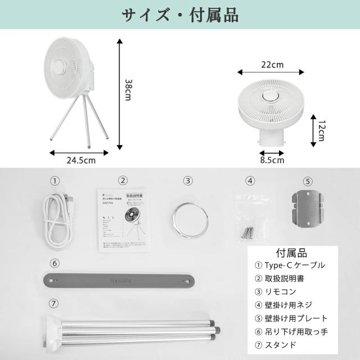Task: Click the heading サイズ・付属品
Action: click(180, 15)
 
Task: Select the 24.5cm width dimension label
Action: click(80, 160)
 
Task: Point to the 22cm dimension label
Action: click(272, 64)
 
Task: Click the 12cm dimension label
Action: click(321, 131)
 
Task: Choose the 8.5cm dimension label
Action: click(271, 160)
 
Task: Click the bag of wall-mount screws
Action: click(248, 214)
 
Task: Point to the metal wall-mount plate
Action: click(307, 208)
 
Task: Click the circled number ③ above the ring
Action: click(188, 181)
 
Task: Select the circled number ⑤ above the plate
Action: click(307, 181)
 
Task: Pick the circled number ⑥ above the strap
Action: click(54, 263)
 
